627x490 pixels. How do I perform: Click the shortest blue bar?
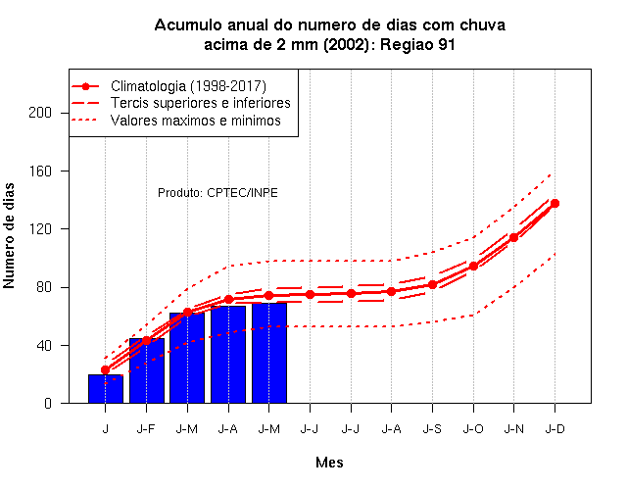[106, 388]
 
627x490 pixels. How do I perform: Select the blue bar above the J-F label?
[147, 370]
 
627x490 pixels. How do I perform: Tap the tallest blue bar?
[269, 353]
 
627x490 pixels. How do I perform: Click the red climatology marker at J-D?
[555, 203]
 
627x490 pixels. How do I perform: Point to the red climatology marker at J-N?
[513, 237]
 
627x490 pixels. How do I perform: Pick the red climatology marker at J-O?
[473, 266]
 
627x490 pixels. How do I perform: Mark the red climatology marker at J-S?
[432, 285]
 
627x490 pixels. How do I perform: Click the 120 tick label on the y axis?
[40, 228]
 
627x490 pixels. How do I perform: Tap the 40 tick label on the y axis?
[44, 345]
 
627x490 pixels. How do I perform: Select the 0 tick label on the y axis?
[48, 403]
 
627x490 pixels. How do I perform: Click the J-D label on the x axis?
[555, 429]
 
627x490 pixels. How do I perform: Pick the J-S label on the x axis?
[432, 429]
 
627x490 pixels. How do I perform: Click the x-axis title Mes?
[329, 463]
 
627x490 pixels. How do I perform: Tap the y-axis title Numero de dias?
[9, 235]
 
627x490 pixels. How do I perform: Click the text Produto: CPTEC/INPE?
[217, 193]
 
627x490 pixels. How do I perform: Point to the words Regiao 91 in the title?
[417, 44]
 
